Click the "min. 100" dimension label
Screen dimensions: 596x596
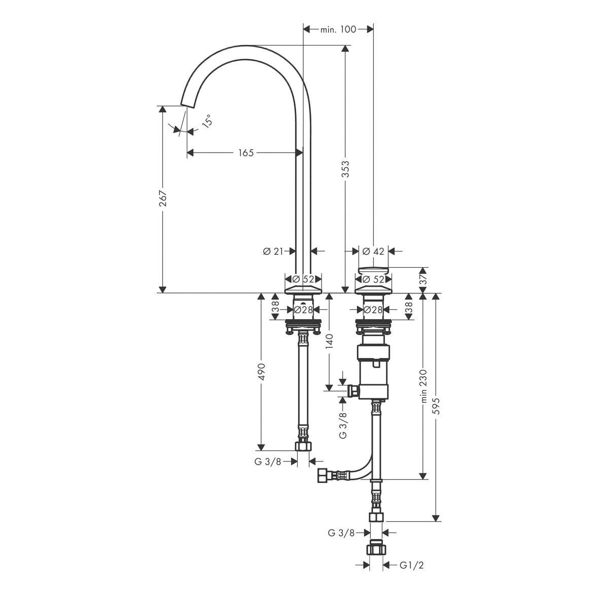pos(338,29)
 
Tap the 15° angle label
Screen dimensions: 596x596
pos(207,121)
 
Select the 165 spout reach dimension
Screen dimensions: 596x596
pos(246,153)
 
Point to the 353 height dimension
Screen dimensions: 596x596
pos(345,169)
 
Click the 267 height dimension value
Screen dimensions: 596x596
pos(163,198)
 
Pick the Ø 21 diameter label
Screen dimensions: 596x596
pos(273,251)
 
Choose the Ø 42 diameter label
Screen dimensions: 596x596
pos(373,251)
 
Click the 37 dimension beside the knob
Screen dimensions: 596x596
pos(424,280)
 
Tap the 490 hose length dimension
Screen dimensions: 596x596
pos(262,372)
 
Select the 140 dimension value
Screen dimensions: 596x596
pos(329,341)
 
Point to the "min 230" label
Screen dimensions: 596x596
pos(424,386)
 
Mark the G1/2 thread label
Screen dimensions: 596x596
pos(412,565)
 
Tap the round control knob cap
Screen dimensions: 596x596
pos(373,271)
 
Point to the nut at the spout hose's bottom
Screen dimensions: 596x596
pos(303,446)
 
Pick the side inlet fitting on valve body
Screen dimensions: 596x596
pos(354,391)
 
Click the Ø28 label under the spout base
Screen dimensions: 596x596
pos(303,310)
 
